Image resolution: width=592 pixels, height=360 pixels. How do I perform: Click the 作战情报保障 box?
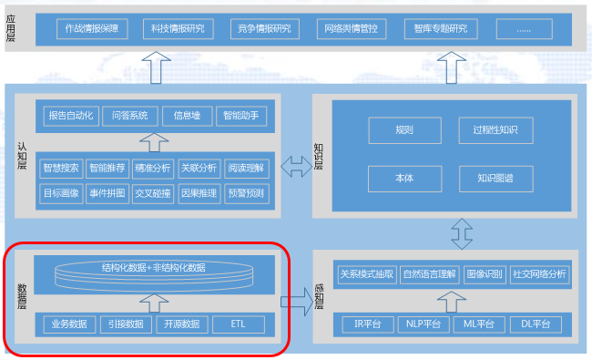[x=92, y=29]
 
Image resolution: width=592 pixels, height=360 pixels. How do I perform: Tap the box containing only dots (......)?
[x=527, y=29]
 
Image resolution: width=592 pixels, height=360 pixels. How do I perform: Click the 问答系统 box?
[x=129, y=116]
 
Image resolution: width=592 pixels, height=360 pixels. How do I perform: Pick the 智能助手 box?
[x=243, y=116]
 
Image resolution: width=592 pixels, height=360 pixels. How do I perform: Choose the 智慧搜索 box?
[x=62, y=168]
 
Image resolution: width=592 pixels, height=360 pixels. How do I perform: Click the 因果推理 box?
[x=199, y=192]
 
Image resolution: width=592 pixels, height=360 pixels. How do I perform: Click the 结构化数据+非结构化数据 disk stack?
[x=154, y=271]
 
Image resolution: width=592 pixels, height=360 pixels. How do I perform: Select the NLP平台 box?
[x=424, y=324]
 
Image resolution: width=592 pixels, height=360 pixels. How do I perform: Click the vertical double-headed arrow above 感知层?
[x=460, y=233]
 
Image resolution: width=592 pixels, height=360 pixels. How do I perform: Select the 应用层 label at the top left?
[x=11, y=27]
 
